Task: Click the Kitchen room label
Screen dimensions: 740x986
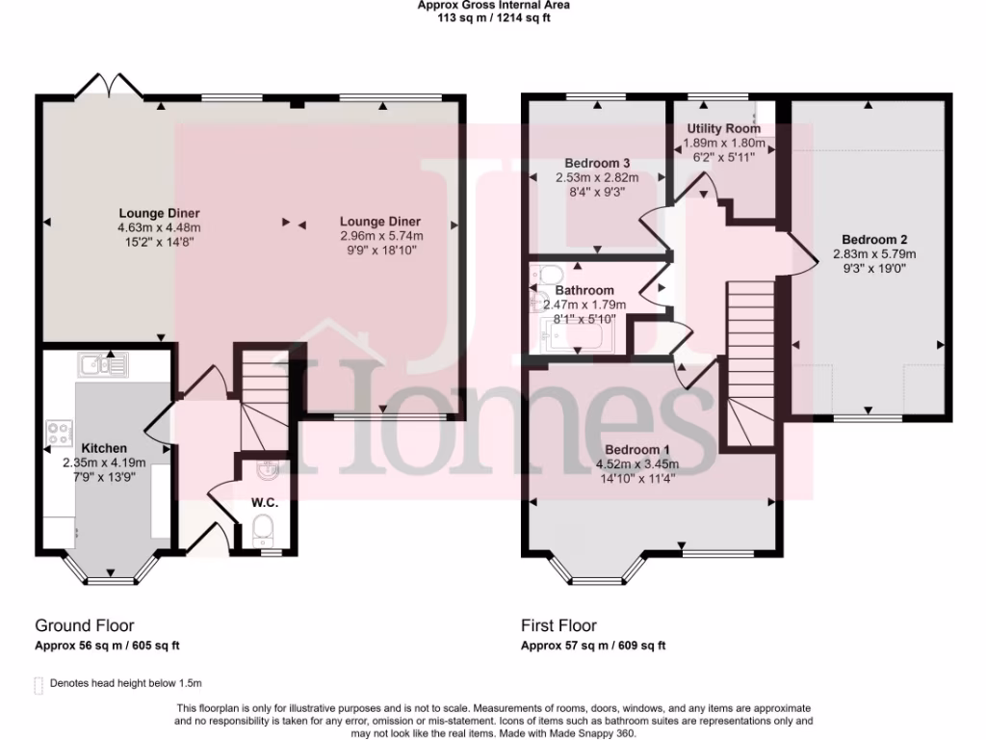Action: pyautogui.click(x=104, y=448)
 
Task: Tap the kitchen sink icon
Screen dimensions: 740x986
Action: pyautogui.click(x=103, y=364)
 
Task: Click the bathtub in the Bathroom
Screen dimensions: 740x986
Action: pyautogui.click(x=574, y=337)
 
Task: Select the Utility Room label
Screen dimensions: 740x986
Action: pyautogui.click(x=723, y=128)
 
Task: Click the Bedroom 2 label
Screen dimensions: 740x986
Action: pyautogui.click(x=874, y=240)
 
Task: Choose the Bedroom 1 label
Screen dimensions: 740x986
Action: pyautogui.click(x=637, y=450)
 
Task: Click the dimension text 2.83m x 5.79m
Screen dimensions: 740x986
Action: pyautogui.click(x=874, y=254)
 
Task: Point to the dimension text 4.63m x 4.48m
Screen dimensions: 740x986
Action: pyautogui.click(x=159, y=228)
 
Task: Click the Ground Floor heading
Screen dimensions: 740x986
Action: pyautogui.click(x=85, y=625)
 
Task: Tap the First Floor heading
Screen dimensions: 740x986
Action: pyautogui.click(x=558, y=625)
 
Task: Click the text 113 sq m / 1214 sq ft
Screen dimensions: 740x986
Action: pyautogui.click(x=493, y=16)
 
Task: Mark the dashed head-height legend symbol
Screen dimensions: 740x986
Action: pyautogui.click(x=39, y=685)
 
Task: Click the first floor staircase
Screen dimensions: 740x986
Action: pyautogui.click(x=750, y=361)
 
